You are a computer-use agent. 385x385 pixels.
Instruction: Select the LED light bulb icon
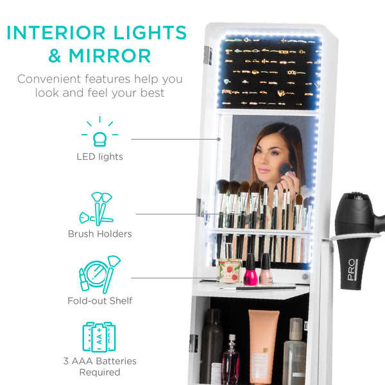pyautogui.click(x=99, y=134)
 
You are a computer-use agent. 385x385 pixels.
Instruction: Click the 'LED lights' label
pyautogui.click(x=99, y=157)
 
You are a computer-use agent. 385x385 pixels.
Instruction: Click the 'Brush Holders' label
pyautogui.click(x=99, y=234)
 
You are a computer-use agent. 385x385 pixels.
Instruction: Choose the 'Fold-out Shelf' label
pyautogui.click(x=99, y=300)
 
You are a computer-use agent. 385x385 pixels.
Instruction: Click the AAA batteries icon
pyautogui.click(x=99, y=338)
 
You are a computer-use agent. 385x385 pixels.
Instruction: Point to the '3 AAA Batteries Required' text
pyautogui.click(x=99, y=366)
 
